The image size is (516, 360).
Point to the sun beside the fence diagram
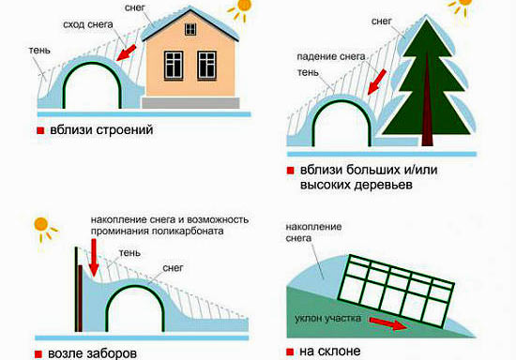[40, 225]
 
